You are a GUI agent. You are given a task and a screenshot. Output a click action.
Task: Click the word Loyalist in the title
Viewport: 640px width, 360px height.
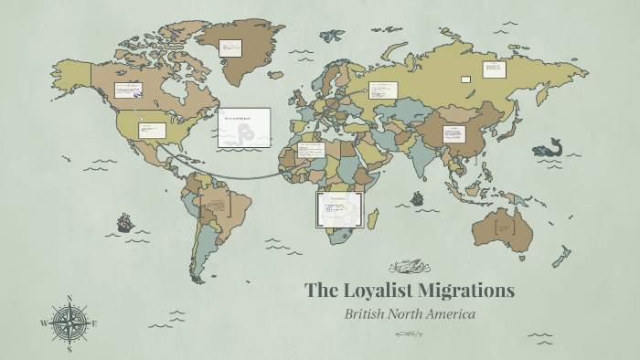(378, 291)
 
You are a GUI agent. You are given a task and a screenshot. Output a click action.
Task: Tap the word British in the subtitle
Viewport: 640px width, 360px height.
(368, 314)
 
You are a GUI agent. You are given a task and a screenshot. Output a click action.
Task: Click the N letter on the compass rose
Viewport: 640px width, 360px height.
(69, 299)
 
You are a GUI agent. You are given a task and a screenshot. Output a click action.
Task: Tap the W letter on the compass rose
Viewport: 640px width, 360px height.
(43, 323)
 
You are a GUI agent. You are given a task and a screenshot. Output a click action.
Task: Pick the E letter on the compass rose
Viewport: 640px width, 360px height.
(94, 323)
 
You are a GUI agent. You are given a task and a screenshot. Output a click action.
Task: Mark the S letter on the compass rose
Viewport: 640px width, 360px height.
(69, 348)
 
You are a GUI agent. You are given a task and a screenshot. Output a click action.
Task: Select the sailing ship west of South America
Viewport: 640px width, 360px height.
(124, 222)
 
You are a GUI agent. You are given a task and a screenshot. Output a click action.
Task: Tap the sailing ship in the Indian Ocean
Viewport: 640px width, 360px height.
(417, 197)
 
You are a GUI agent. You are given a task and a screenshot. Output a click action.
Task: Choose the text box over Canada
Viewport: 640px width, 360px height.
(127, 90)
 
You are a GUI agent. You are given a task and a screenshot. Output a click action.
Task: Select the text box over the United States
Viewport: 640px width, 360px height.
(151, 130)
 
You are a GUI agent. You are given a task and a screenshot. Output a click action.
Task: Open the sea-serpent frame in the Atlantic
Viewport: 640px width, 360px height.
(243, 128)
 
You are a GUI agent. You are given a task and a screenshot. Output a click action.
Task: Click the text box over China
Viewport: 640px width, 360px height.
(454, 133)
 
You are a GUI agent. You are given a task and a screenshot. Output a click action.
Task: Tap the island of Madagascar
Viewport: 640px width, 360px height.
(374, 218)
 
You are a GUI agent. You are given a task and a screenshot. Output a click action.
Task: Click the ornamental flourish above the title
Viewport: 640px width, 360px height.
(410, 267)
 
